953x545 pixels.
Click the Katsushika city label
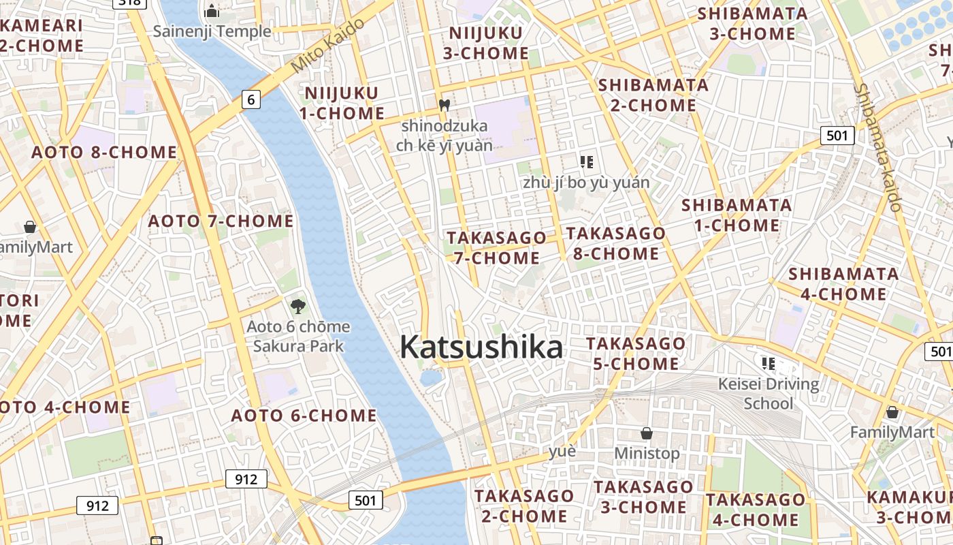[x=481, y=347]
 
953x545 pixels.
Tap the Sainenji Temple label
[x=212, y=31]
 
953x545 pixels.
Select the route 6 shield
[x=251, y=100]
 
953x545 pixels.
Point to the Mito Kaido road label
[x=327, y=46]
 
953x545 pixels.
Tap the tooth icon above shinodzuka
[x=445, y=106]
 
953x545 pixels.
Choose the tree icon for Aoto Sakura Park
[x=297, y=306]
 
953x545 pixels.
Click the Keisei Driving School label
[x=769, y=393]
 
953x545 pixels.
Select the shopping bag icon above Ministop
[x=647, y=433]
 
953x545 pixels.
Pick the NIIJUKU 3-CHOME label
[x=486, y=43]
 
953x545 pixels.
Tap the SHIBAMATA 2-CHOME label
[x=653, y=95]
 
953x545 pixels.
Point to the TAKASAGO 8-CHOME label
[x=615, y=243]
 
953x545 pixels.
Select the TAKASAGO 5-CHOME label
[x=635, y=353]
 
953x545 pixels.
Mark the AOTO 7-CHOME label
[x=221, y=221]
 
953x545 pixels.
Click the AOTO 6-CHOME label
[x=304, y=416]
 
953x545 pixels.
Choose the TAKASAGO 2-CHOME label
[x=524, y=505]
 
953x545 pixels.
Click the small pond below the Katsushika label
[x=431, y=377]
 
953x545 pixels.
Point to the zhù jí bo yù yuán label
[x=586, y=183]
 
